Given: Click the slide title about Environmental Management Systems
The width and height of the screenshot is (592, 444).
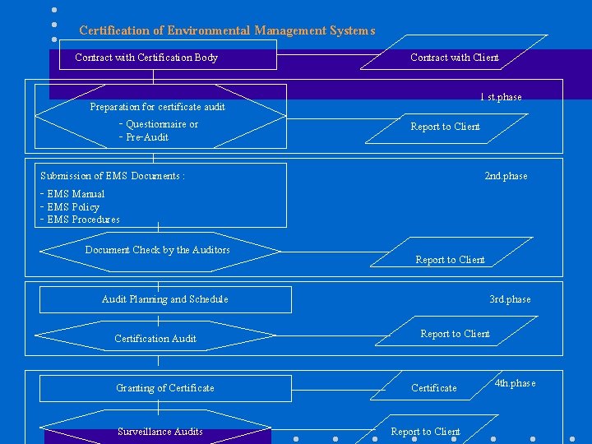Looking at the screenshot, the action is [227, 31].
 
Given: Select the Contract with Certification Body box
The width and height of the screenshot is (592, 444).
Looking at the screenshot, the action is [146, 58].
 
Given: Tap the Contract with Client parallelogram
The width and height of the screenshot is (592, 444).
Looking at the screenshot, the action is [455, 58].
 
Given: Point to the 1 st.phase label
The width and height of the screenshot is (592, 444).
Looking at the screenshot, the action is [501, 97].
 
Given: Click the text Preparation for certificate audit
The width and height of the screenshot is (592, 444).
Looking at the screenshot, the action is [157, 107].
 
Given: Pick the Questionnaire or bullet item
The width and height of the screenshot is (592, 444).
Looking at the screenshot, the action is [160, 125].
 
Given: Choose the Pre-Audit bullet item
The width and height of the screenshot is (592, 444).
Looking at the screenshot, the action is [145, 137].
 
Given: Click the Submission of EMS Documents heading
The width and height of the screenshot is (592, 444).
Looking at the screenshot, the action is [113, 176].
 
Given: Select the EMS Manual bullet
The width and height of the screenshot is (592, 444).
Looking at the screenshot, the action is [73, 194].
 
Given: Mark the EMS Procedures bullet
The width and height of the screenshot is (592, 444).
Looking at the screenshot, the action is [81, 220].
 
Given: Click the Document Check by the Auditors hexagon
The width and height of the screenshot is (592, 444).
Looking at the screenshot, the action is [158, 250].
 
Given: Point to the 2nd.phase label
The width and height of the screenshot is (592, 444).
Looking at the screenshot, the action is [506, 176].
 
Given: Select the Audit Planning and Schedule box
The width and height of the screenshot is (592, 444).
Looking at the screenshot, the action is [164, 299].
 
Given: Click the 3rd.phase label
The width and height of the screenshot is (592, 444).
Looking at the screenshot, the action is [510, 299].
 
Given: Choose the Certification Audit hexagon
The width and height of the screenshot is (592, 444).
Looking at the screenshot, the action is [155, 339].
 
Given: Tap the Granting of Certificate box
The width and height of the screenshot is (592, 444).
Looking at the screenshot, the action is [164, 388].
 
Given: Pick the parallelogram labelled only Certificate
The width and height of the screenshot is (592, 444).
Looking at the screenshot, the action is [434, 388].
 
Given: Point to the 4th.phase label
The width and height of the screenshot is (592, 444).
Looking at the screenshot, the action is [515, 383].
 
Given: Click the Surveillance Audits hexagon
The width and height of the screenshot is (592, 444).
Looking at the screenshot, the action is [160, 432].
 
